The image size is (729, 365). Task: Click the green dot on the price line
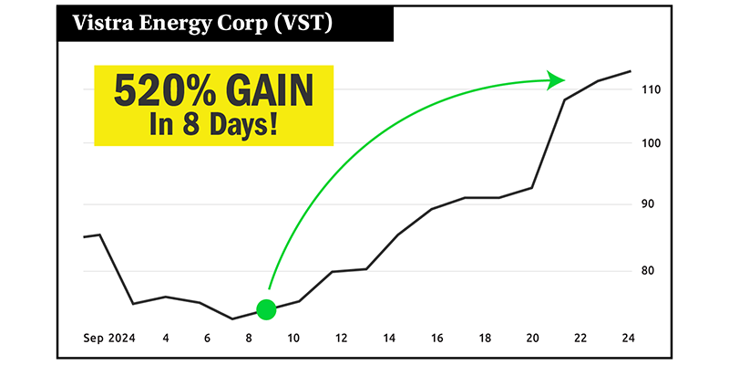266,310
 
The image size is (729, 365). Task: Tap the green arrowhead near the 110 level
556,79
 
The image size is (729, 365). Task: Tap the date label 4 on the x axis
166,339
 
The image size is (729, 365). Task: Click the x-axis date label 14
390,339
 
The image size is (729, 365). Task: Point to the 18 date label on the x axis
486,339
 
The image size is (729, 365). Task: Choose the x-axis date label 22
580,339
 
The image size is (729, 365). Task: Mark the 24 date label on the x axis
628,339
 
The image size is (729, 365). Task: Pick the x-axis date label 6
207,339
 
